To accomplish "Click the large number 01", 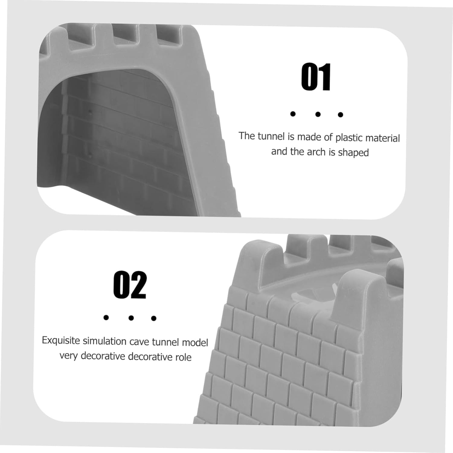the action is click(316, 77).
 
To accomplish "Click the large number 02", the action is click(130, 285).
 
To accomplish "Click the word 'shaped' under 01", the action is click(353, 153).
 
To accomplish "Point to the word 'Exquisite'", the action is click(61, 341).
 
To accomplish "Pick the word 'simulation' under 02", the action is click(105, 341).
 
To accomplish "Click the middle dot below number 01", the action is click(318, 114).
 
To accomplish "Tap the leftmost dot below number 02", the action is click(106, 317).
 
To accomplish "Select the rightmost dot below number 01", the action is click(341, 114).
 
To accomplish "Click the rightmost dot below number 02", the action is click(154, 318).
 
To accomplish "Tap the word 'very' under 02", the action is click(69, 356).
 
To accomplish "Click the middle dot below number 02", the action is click(131, 318).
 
